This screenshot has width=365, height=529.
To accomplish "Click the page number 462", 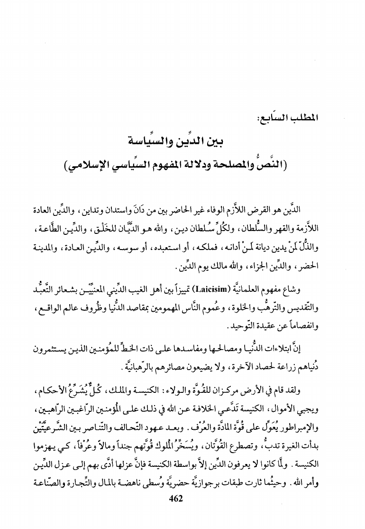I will pyautogui.click(x=183, y=511).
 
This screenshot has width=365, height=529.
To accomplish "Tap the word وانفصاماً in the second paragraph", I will pyautogui.click(x=317, y=308).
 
